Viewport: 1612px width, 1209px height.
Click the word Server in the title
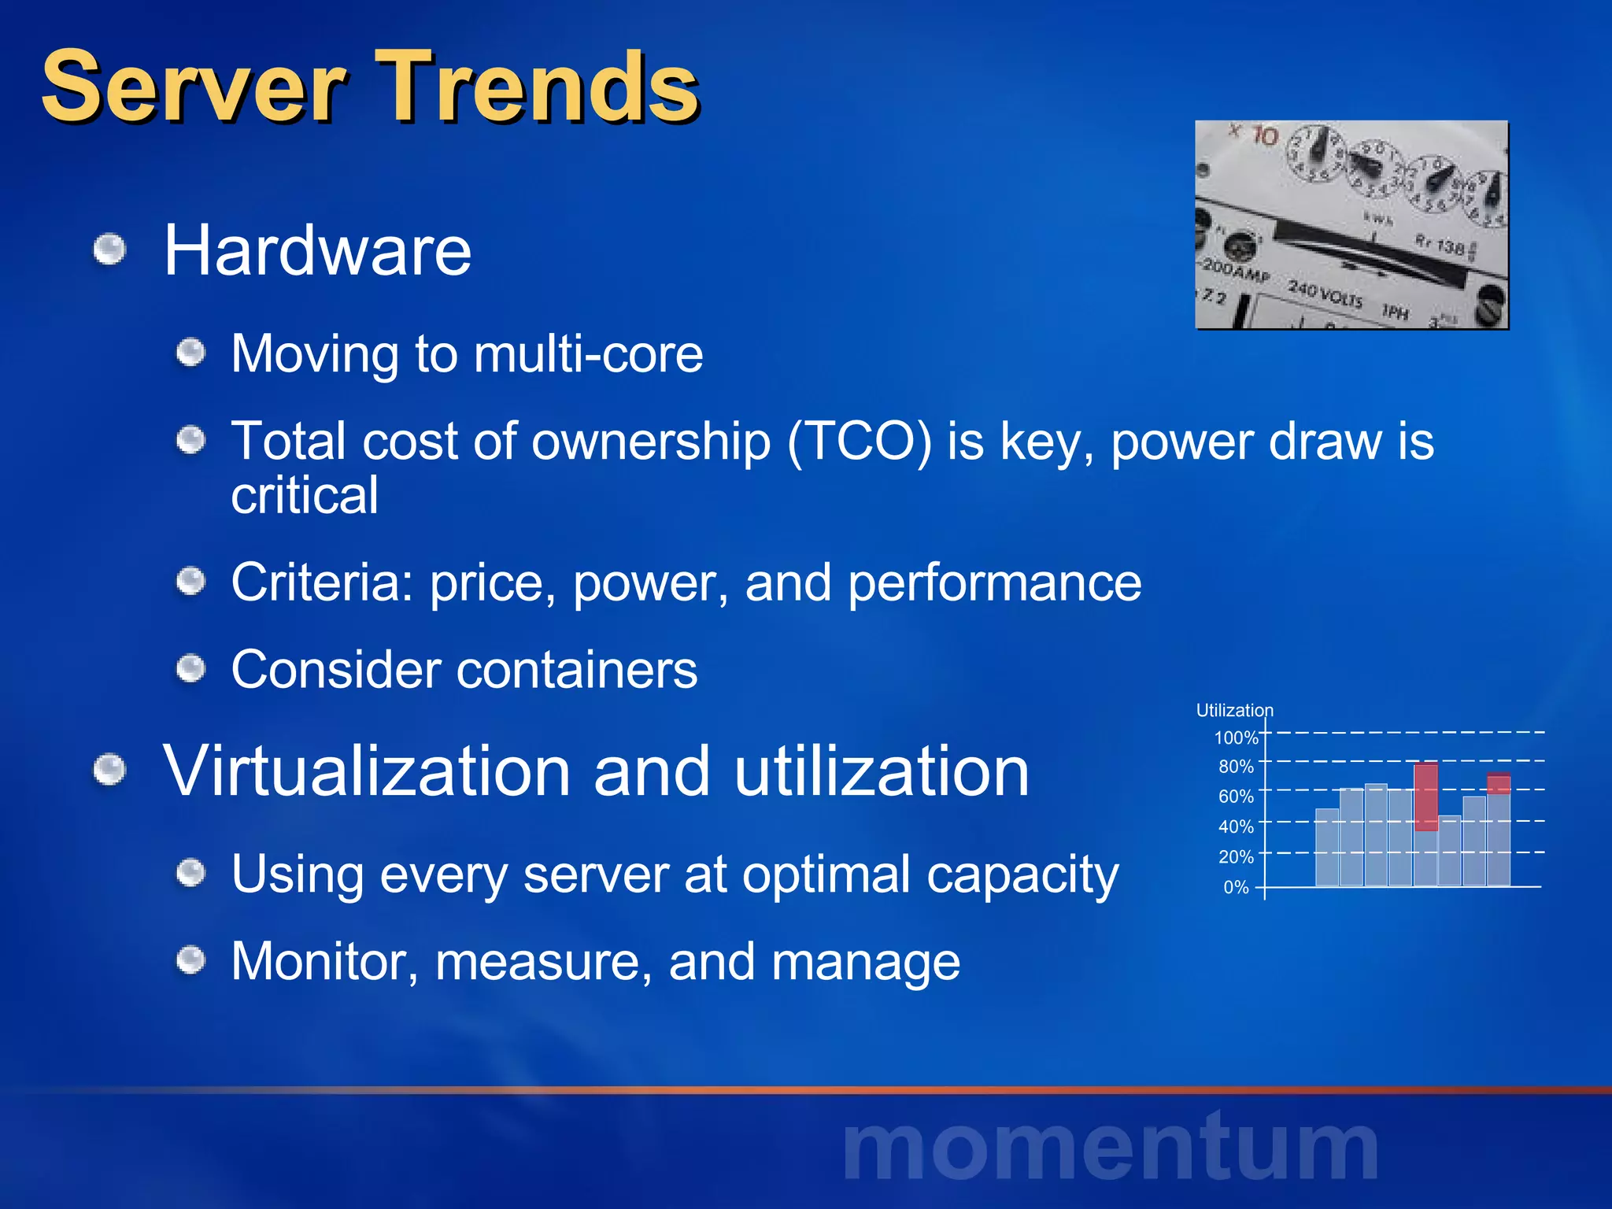coord(194,87)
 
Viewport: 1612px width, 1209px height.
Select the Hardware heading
coord(317,250)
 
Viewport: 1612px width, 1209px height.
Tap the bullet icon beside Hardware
coord(109,251)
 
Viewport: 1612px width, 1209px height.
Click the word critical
coord(305,495)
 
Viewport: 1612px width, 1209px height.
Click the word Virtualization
coord(366,771)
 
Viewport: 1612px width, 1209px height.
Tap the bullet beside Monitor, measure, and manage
coord(190,961)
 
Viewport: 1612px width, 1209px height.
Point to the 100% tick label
coord(1236,738)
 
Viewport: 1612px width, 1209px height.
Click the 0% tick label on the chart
coord(1236,888)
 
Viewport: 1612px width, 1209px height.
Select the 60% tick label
coord(1236,797)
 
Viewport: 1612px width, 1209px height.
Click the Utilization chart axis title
coord(1234,710)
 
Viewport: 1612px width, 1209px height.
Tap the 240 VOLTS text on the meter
coord(1325,294)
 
